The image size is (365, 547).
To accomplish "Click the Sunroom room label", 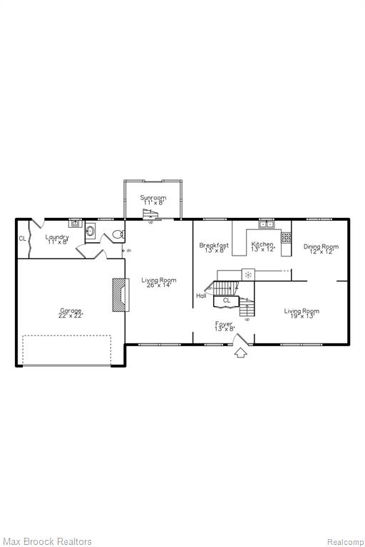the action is click(153, 200).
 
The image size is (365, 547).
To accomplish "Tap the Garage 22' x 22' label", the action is click(71, 313).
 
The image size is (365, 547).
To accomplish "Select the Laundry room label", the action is click(57, 239).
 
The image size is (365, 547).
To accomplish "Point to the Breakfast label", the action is click(214, 248).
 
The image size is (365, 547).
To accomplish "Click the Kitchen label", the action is click(262, 246).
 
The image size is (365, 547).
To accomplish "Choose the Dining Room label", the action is click(321, 249).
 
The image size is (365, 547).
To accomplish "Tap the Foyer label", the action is click(224, 326).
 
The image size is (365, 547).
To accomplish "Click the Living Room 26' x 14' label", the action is click(158, 283).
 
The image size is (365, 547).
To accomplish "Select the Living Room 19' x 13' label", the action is click(302, 313).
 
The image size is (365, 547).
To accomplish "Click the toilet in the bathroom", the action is click(118, 234).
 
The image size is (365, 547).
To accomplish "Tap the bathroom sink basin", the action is click(90, 231).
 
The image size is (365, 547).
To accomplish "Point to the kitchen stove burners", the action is click(286, 238).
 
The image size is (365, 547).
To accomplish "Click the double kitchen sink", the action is click(267, 224).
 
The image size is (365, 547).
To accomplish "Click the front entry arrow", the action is click(240, 353).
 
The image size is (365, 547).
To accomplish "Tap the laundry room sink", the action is click(75, 224).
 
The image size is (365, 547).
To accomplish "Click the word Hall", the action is click(201, 296).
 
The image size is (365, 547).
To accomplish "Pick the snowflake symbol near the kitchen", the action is click(248, 275).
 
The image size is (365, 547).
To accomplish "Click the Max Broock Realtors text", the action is click(48, 541).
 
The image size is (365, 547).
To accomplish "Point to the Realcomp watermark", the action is click(345, 542).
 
